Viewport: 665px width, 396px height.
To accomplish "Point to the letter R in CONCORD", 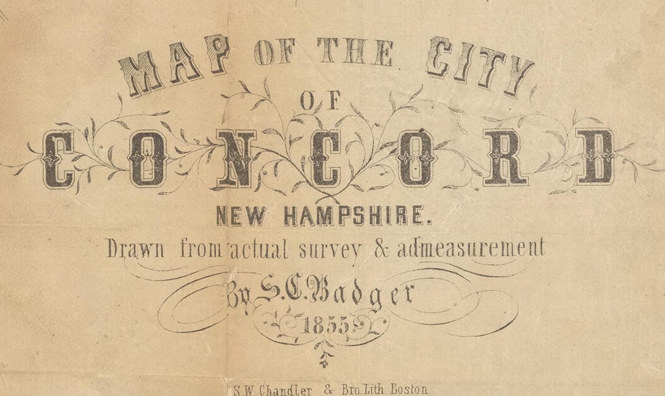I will (505, 158).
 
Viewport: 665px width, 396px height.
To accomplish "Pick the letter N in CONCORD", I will (236, 158).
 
